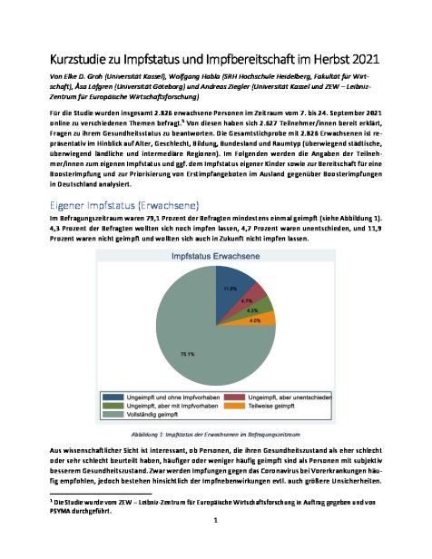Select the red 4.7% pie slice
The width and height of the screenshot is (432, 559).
point(254,299)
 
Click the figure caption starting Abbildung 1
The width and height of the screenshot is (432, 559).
point(215,435)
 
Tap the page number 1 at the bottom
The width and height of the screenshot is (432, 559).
point(216,544)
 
